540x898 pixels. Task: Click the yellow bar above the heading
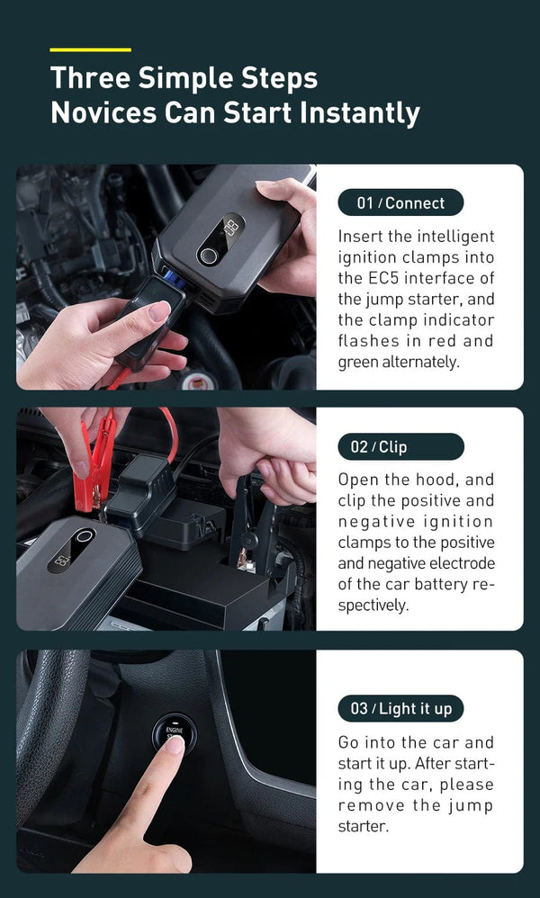pyautogui.click(x=90, y=49)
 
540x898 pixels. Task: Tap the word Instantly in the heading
pyautogui.click(x=359, y=113)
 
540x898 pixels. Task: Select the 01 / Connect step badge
pyautogui.click(x=400, y=202)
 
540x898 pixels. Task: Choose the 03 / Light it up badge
pyautogui.click(x=400, y=708)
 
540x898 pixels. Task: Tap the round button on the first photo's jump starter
pyautogui.click(x=209, y=255)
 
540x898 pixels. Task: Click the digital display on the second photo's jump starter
pyautogui.click(x=62, y=560)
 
